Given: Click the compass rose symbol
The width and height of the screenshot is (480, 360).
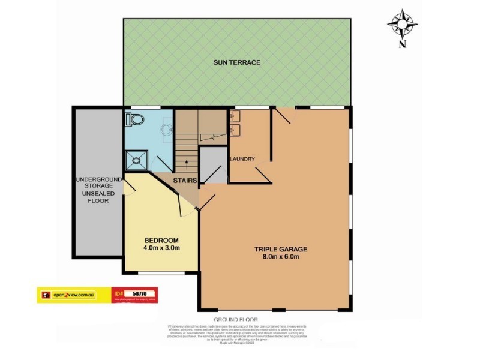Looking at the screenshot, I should pos(402,23).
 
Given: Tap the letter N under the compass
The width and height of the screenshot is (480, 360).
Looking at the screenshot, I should pos(402,43).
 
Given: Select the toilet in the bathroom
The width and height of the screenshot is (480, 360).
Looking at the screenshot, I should pos(134,120).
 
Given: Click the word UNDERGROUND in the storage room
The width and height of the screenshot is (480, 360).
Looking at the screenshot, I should pos(98,179).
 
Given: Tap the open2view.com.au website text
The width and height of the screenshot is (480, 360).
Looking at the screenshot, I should pos(74,294).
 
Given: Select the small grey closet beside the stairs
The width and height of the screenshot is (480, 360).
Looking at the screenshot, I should pos(211,163).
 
